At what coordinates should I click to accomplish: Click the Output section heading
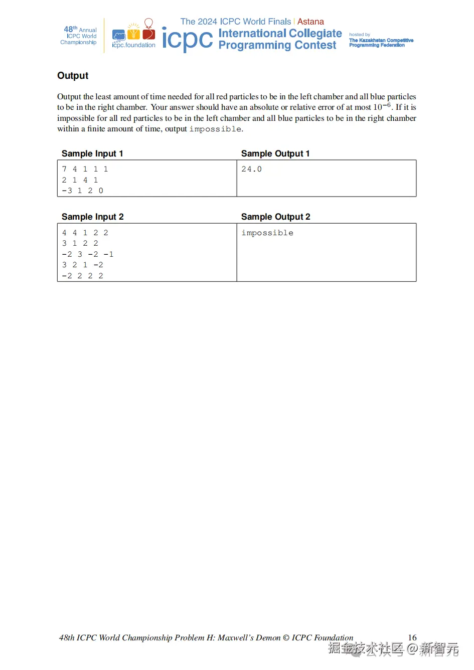[73, 76]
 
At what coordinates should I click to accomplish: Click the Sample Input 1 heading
[92, 153]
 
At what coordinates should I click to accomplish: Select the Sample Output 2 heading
[275, 217]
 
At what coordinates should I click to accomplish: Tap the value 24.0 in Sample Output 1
[251, 170]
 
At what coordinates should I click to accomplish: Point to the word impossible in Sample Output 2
[267, 233]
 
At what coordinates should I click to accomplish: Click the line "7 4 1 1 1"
[85, 170]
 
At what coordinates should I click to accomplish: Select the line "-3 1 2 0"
[82, 191]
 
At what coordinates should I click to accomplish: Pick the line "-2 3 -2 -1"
[87, 255]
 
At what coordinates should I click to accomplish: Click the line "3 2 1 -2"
[82, 265]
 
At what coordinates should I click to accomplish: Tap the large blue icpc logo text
[188, 39]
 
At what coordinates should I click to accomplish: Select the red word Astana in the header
[310, 22]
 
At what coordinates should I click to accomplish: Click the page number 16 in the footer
[412, 637]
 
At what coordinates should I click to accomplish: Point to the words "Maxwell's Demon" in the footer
[249, 638]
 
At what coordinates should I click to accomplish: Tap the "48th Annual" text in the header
[80, 30]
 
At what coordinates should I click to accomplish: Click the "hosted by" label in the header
[360, 35]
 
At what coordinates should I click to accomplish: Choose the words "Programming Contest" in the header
[277, 45]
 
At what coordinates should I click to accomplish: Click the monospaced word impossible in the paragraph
[215, 129]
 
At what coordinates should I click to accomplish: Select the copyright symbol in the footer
[286, 638]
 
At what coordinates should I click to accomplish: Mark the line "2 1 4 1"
[80, 180]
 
